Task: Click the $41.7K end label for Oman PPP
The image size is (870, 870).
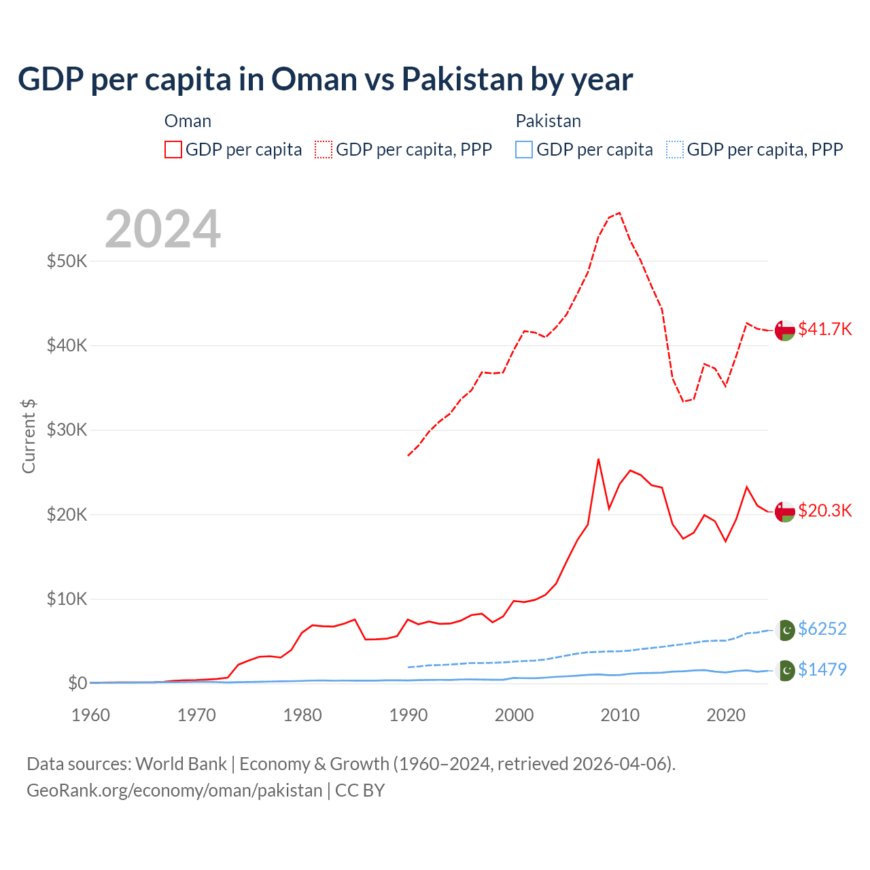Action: (x=824, y=329)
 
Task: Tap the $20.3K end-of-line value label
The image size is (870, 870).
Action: (x=824, y=510)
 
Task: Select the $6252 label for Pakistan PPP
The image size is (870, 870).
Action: (x=822, y=629)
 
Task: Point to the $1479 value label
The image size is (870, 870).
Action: (x=822, y=669)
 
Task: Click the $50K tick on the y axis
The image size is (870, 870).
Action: (x=67, y=261)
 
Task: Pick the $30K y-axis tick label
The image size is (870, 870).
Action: (x=67, y=430)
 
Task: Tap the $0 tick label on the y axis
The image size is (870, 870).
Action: (x=77, y=683)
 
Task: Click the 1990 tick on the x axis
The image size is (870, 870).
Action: (x=408, y=715)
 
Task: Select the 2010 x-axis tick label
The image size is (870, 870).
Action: (x=620, y=715)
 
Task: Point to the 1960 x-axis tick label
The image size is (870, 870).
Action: (x=91, y=715)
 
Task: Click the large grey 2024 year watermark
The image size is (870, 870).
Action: (x=162, y=229)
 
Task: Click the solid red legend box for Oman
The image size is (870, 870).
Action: (x=173, y=150)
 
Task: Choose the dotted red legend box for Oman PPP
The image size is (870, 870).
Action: (x=324, y=150)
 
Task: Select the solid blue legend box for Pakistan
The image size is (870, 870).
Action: (x=524, y=150)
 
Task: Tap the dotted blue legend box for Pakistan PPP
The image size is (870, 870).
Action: (x=675, y=150)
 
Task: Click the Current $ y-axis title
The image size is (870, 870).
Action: (x=29, y=436)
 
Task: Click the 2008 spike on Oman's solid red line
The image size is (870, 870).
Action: (x=598, y=459)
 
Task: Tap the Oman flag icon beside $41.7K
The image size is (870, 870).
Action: (x=784, y=330)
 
